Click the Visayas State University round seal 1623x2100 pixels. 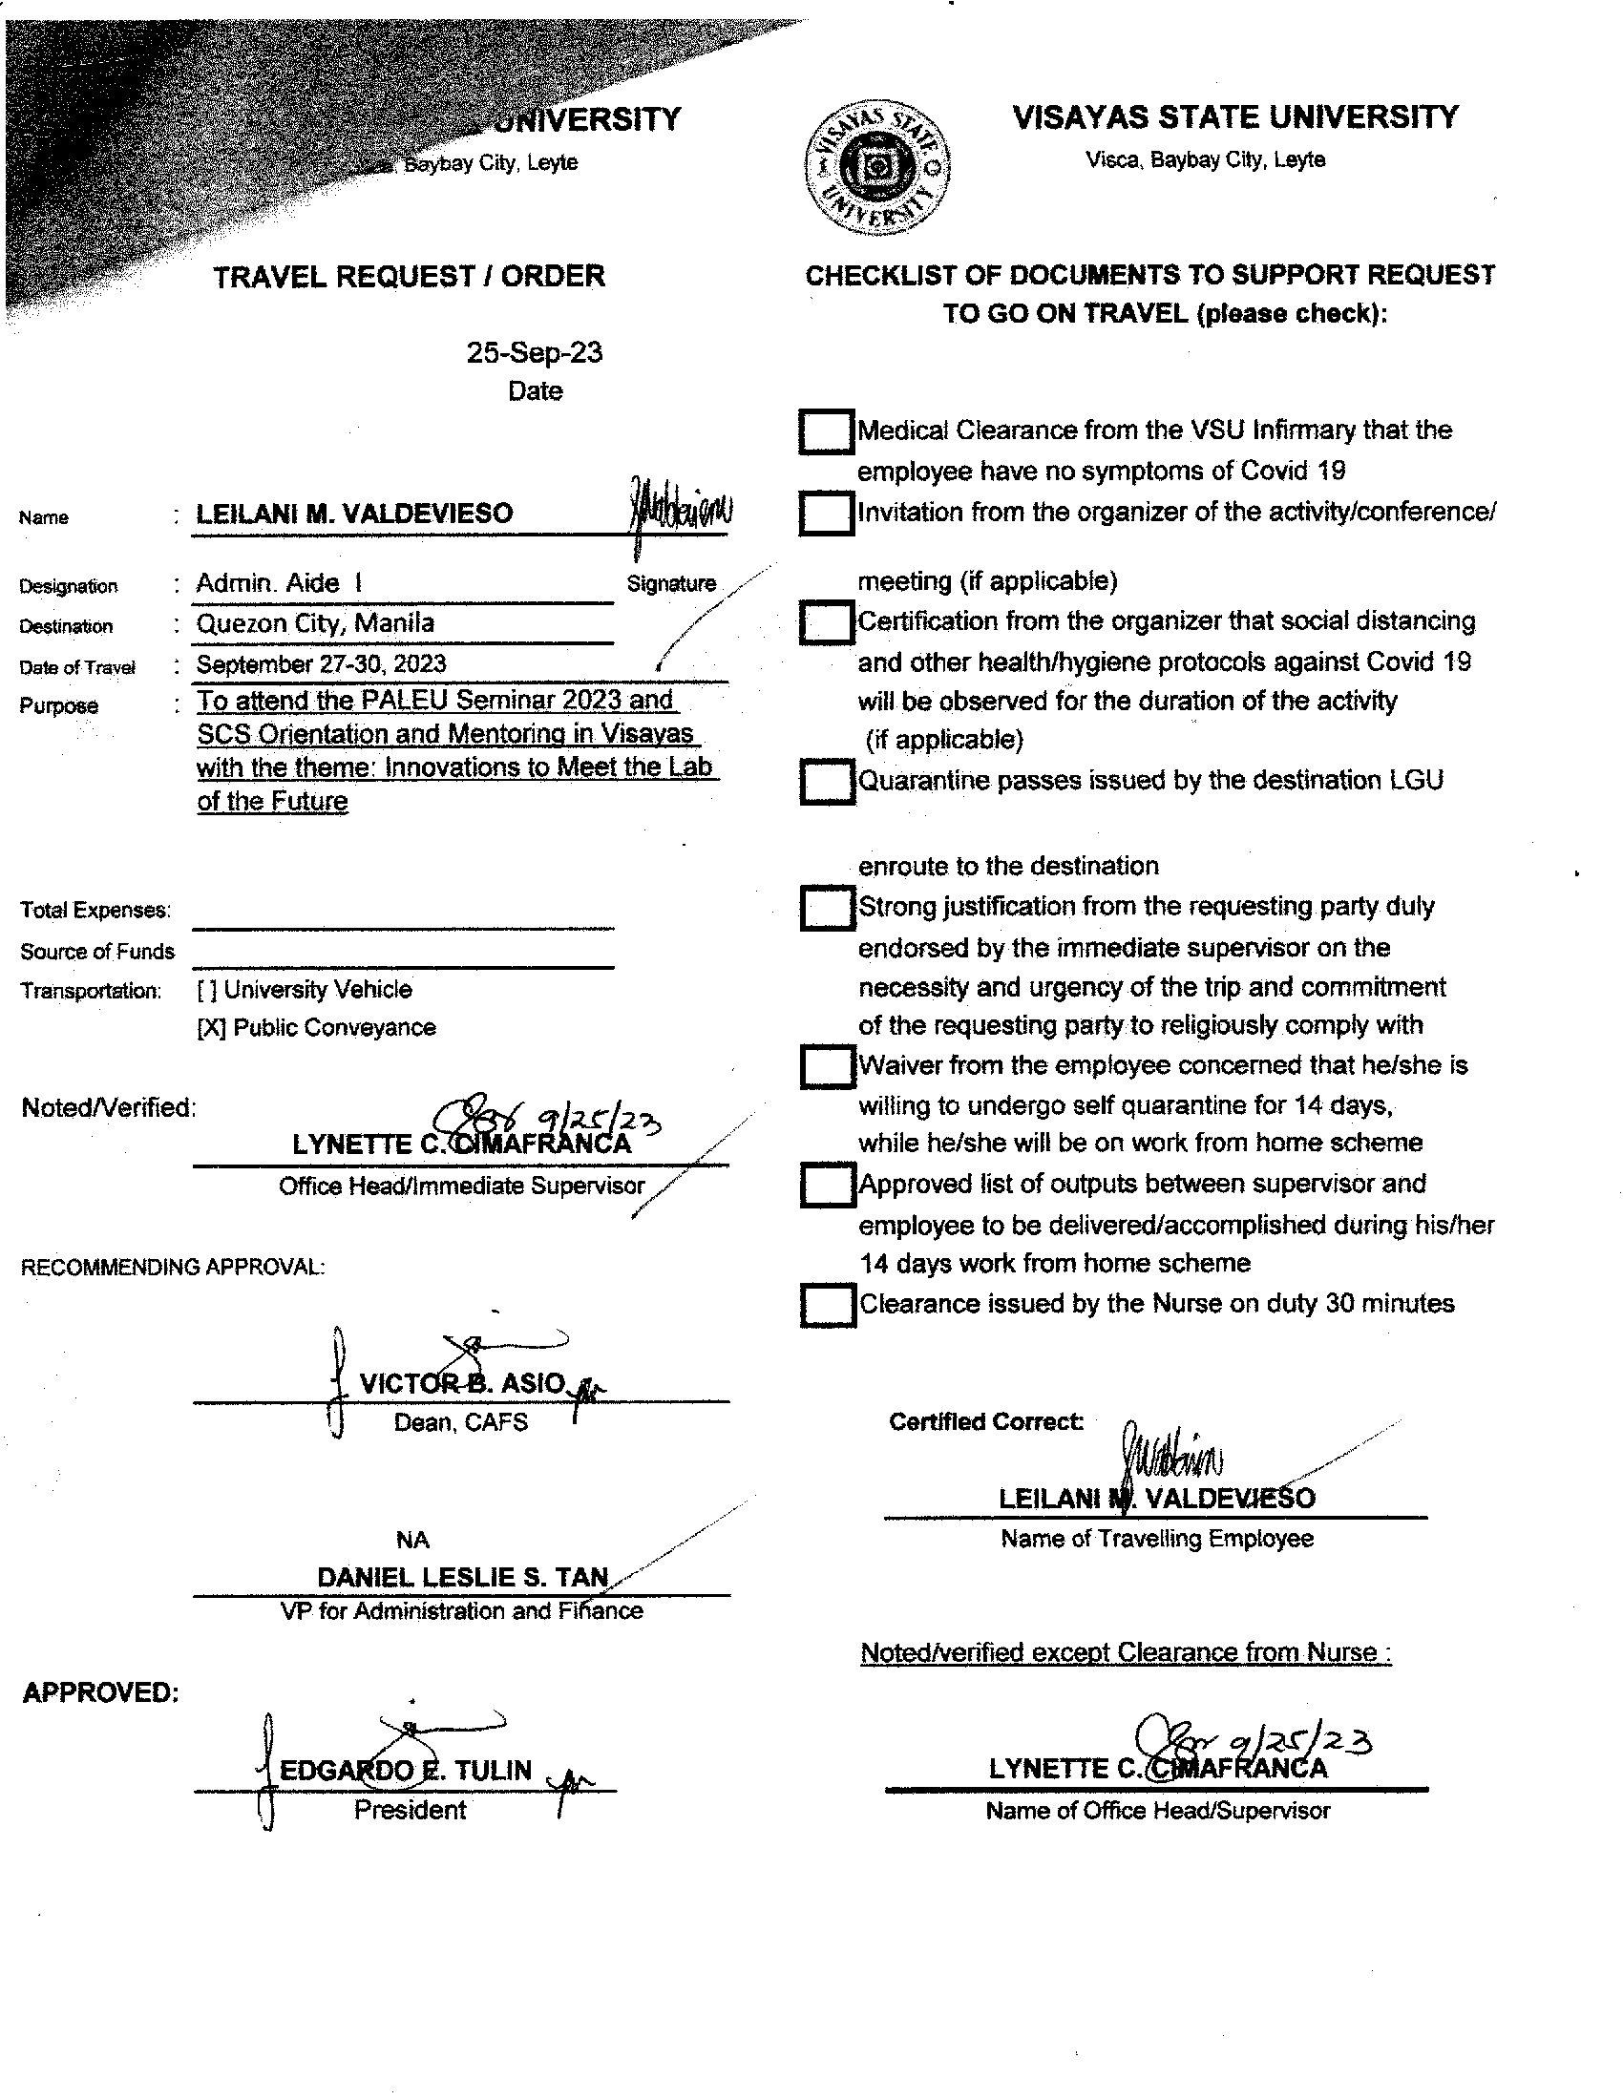pos(876,167)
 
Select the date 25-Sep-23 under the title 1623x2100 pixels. pos(535,353)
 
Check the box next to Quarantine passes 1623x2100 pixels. pos(827,781)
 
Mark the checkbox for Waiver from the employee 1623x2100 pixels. pos(827,1066)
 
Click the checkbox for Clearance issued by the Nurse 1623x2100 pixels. pos(827,1305)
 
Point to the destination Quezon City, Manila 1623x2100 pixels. pos(315,623)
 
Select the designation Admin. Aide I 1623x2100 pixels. pos(279,582)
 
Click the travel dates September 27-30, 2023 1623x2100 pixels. pos(321,663)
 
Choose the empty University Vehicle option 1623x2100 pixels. pos(206,990)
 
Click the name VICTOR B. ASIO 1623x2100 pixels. pos(462,1384)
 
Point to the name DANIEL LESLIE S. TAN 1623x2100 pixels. pos(462,1577)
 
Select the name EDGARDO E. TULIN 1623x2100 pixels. pos(405,1770)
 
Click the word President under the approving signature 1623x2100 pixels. pos(410,1810)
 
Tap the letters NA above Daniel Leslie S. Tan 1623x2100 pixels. pos(412,1540)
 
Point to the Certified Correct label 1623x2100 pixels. pos(985,1421)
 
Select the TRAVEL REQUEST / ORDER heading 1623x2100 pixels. pos(409,277)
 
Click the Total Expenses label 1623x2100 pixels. pos(95,910)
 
